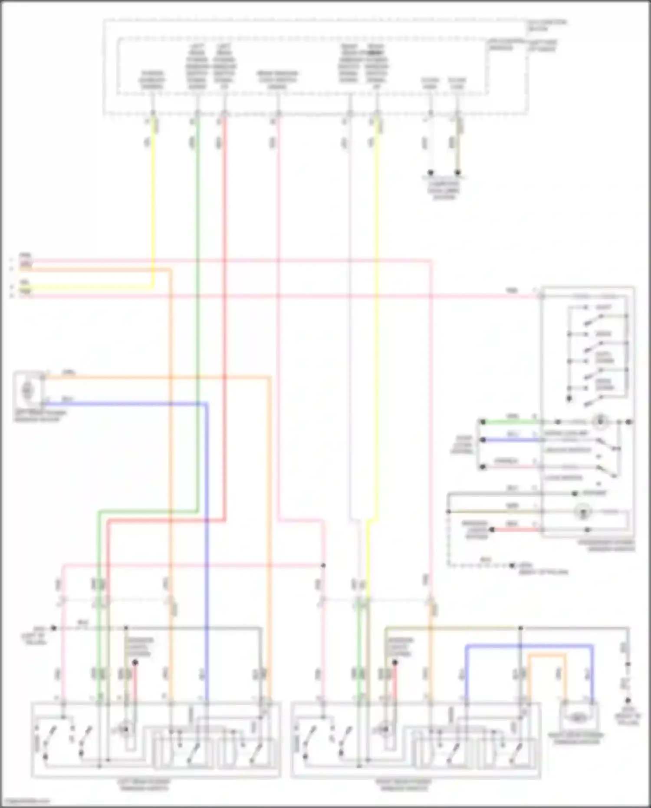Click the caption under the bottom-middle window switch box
coord(404,785)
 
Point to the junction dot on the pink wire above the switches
coord(323,565)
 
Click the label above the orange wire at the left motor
coord(68,372)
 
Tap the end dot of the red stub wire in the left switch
coord(135,663)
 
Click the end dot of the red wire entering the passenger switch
coord(492,530)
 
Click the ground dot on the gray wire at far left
coord(53,628)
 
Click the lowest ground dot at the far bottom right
coord(628,701)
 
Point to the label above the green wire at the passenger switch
coord(513,417)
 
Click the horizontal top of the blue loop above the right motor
coord(529,646)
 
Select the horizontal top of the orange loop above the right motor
coord(547,654)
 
